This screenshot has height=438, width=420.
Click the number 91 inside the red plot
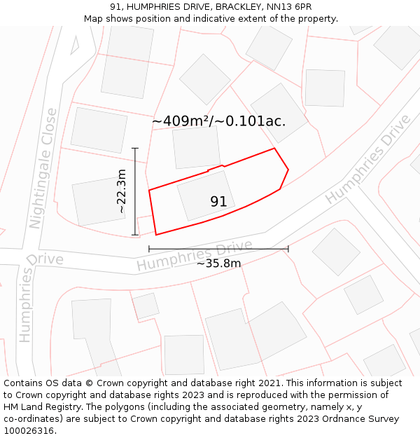[218, 202]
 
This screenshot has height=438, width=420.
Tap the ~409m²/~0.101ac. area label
[218, 121]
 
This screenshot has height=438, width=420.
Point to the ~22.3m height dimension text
[121, 191]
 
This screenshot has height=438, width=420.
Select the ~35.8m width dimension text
[218, 264]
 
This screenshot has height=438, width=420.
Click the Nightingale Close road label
[42, 178]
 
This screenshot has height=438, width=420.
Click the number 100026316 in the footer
[29, 431]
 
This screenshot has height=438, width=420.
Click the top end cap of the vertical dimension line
[134, 148]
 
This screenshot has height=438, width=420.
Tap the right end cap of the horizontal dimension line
[288, 249]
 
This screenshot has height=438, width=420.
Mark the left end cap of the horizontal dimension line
[149, 249]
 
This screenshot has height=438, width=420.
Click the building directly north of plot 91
[196, 147]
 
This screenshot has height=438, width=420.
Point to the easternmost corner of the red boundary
[288, 169]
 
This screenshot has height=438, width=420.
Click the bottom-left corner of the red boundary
[156, 235]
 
